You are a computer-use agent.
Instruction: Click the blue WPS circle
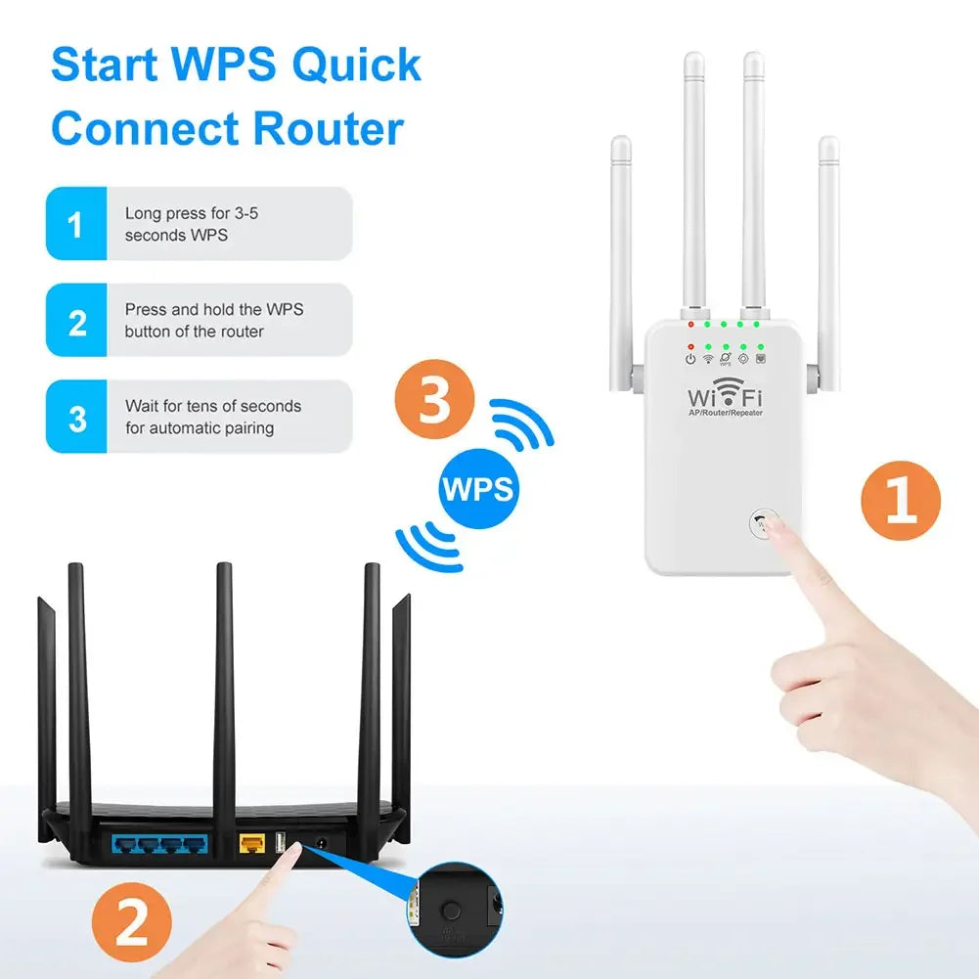477,489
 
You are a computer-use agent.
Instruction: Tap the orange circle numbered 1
900,502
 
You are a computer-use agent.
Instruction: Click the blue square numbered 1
76,224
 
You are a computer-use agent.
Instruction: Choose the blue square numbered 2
76,321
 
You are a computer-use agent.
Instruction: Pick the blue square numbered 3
76,418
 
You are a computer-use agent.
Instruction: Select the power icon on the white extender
690,359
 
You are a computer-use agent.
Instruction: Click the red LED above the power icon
690,346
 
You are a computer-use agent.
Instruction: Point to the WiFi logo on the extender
725,394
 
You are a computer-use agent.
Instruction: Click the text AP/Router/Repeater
725,414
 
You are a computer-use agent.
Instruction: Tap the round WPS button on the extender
763,522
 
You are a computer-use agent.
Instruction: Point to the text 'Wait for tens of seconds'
213,406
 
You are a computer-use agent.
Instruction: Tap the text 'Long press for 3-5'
192,212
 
